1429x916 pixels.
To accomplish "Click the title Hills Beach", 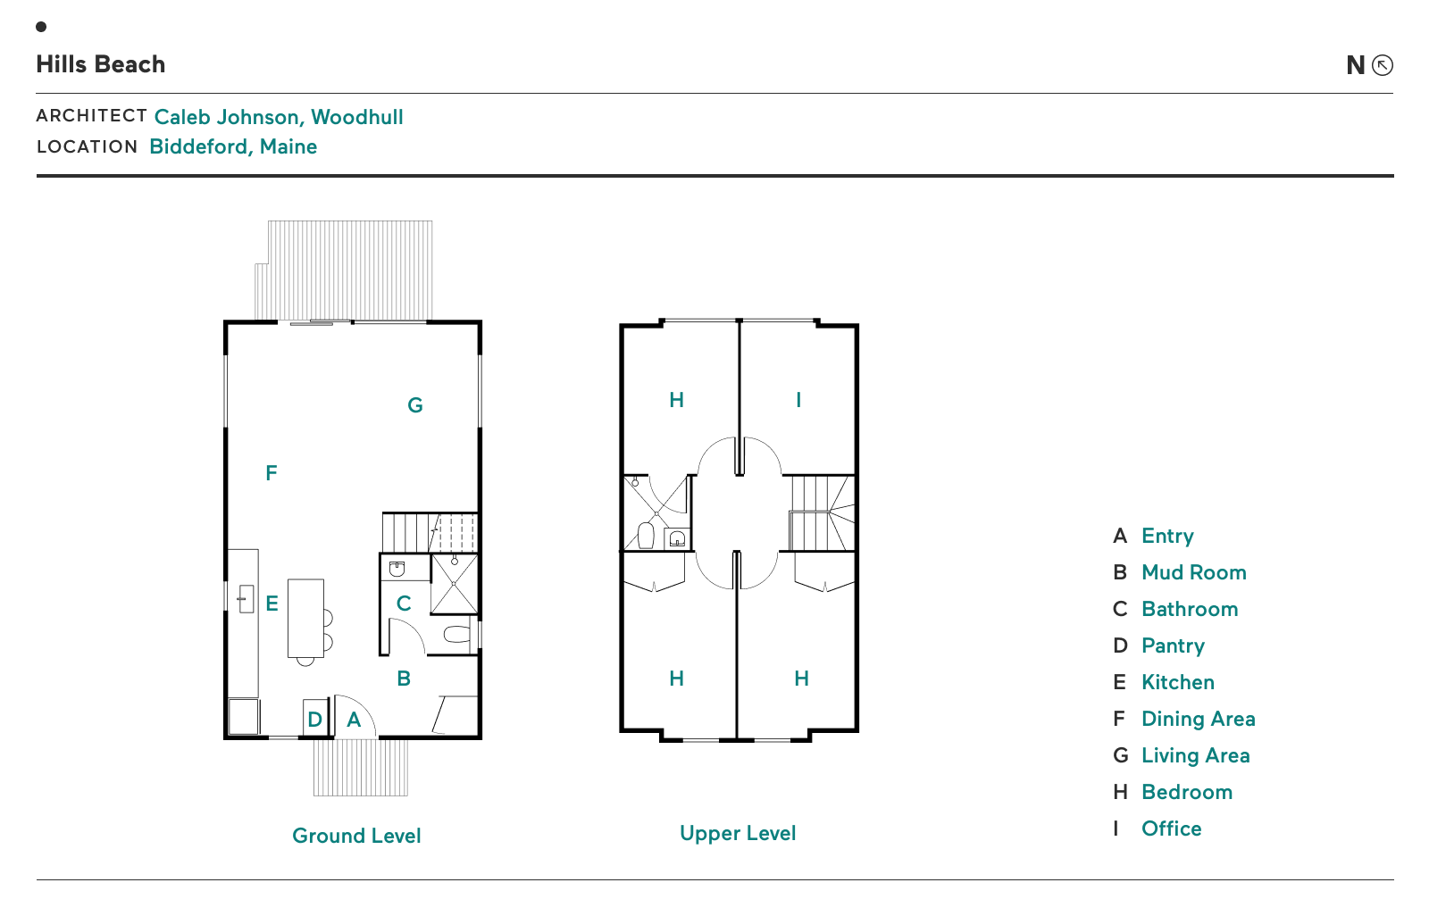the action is pyautogui.click(x=100, y=64).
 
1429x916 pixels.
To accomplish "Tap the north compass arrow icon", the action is pyautogui.click(x=1383, y=65).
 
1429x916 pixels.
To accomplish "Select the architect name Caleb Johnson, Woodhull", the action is pyautogui.click(x=278, y=117).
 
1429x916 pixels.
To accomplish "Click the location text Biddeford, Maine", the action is pyautogui.click(x=233, y=146).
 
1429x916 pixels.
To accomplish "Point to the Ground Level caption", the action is pyautogui.click(x=356, y=836).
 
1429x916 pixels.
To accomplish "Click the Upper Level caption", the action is pyautogui.click(x=738, y=833).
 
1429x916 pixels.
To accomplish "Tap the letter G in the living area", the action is pyautogui.click(x=414, y=405).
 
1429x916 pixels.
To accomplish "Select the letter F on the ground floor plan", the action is pyautogui.click(x=272, y=472).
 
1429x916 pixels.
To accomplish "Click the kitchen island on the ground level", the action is pyautogui.click(x=305, y=618).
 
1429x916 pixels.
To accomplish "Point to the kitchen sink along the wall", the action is pyautogui.click(x=246, y=599).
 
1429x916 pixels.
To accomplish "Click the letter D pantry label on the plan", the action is pyautogui.click(x=314, y=720).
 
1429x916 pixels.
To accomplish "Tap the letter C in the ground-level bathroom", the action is pyautogui.click(x=403, y=604).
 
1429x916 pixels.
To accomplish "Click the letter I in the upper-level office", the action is pyautogui.click(x=798, y=400).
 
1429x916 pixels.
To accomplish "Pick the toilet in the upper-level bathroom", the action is pyautogui.click(x=647, y=536).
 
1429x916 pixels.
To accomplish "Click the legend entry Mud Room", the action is pyautogui.click(x=1193, y=572).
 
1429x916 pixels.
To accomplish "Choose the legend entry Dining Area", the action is pyautogui.click(x=1198, y=719).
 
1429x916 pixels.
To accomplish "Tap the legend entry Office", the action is pyautogui.click(x=1171, y=829).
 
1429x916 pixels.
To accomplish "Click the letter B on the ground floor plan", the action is pyautogui.click(x=403, y=678).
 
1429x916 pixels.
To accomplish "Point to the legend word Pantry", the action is pyautogui.click(x=1173, y=645).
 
